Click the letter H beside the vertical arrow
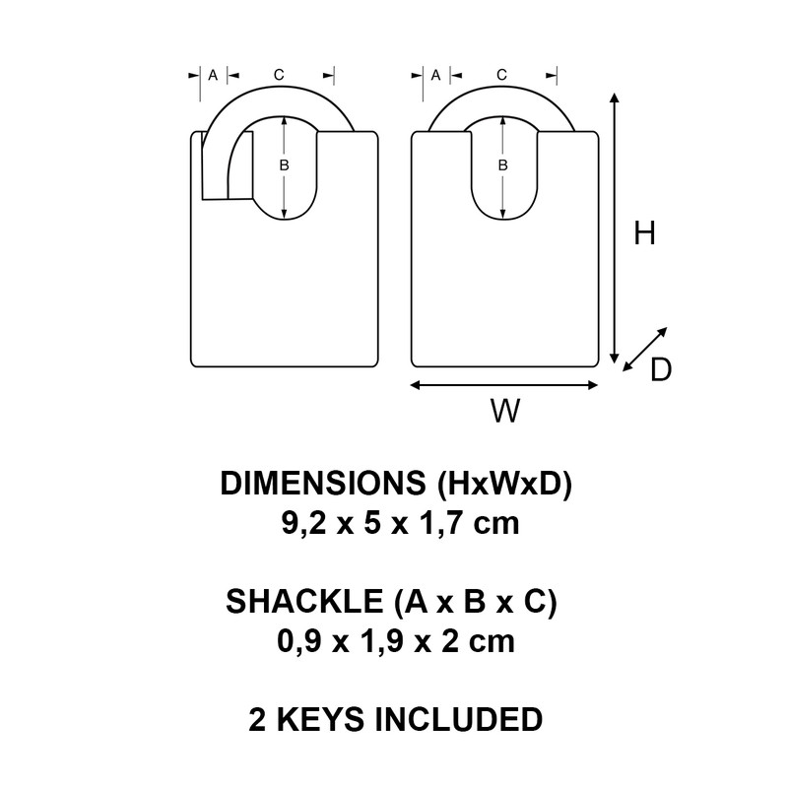point(645,233)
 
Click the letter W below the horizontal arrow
point(504,412)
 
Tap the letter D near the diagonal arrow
point(661,369)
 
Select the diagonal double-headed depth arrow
point(645,350)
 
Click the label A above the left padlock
point(213,75)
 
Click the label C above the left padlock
point(279,75)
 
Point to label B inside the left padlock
point(284,165)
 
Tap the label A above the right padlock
point(436,75)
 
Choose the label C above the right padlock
point(501,75)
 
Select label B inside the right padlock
point(502,165)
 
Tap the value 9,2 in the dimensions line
point(301,523)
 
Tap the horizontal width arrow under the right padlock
point(504,385)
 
